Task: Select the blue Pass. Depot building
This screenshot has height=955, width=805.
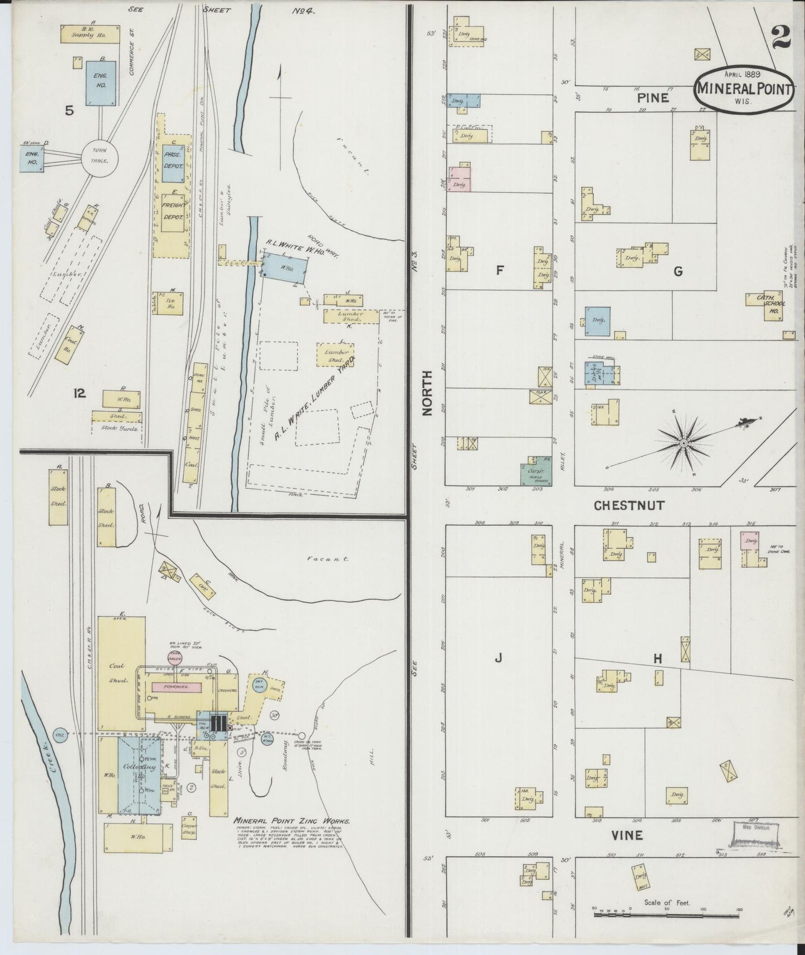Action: click(x=173, y=165)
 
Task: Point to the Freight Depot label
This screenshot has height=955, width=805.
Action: click(x=173, y=212)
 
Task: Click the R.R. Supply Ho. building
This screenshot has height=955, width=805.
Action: click(x=91, y=33)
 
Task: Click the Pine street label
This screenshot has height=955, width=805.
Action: click(x=653, y=98)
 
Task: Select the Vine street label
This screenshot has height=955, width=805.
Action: click(x=627, y=835)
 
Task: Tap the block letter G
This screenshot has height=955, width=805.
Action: click(x=678, y=271)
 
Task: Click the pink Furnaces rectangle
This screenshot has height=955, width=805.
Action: click(x=175, y=688)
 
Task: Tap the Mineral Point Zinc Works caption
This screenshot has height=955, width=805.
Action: click(x=292, y=821)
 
